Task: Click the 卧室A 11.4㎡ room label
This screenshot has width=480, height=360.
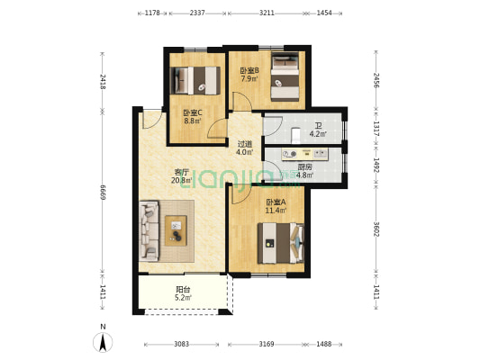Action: coord(276,206)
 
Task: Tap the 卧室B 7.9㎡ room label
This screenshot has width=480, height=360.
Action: coord(249,75)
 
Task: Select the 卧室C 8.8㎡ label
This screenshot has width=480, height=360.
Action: coord(193,117)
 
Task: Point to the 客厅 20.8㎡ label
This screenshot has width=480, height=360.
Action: coord(181,176)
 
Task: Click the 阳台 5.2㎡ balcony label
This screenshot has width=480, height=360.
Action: coord(183,293)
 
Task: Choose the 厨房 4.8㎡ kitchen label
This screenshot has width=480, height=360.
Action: coord(304,171)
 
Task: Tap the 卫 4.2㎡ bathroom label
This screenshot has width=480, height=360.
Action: coord(318,130)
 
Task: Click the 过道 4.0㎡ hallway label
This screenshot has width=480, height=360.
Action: coord(245,148)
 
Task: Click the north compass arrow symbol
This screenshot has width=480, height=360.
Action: coord(103,342)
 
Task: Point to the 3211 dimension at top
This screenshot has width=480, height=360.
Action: coord(267,13)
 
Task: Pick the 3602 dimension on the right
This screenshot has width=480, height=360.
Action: coord(376,229)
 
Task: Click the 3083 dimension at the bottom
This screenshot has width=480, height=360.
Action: coord(182,344)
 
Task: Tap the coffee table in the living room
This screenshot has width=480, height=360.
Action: coord(176,230)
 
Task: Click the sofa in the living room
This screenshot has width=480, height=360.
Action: coord(149,230)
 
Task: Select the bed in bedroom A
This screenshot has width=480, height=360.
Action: coord(281,243)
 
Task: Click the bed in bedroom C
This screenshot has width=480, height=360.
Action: coord(195,80)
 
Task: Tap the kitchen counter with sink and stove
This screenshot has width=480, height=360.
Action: coord(304,154)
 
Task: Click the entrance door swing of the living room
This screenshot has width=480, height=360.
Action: coord(153,120)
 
